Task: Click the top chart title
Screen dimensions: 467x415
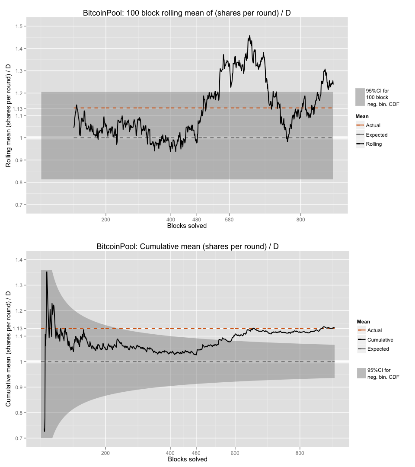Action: click(187, 13)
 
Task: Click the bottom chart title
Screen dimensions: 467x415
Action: click(187, 246)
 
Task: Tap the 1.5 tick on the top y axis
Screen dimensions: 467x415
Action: click(19, 26)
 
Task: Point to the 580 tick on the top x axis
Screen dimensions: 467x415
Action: click(229, 220)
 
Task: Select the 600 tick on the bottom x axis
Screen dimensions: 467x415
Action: click(235, 453)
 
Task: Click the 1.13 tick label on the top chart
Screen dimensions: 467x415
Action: click(17, 108)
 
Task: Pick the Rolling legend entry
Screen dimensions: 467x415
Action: click(373, 144)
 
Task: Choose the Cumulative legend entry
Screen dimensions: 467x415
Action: click(380, 340)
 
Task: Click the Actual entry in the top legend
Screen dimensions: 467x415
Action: click(373, 125)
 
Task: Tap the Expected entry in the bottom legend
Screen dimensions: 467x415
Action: click(378, 349)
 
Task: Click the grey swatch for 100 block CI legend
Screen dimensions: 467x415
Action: click(360, 97)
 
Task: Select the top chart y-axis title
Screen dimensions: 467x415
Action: click(8, 116)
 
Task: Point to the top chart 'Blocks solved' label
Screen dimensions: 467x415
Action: click(187, 226)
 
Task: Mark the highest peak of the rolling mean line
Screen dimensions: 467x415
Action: click(249, 36)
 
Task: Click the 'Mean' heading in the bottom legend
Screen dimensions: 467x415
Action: click(363, 322)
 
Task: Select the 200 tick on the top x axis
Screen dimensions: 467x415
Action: click(106, 220)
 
